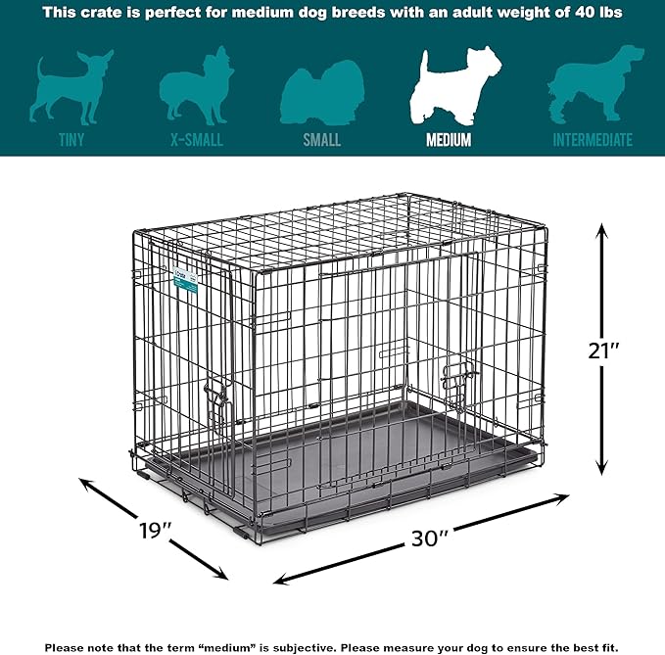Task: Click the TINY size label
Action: click(71, 140)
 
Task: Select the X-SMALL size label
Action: click(191, 140)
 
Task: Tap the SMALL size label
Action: click(321, 140)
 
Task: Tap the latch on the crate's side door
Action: click(216, 398)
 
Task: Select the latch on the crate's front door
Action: click(457, 374)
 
